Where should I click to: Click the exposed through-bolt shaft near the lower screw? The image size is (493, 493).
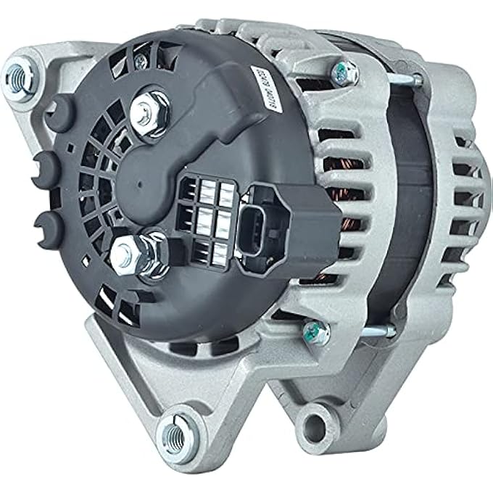click(x=381, y=333)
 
